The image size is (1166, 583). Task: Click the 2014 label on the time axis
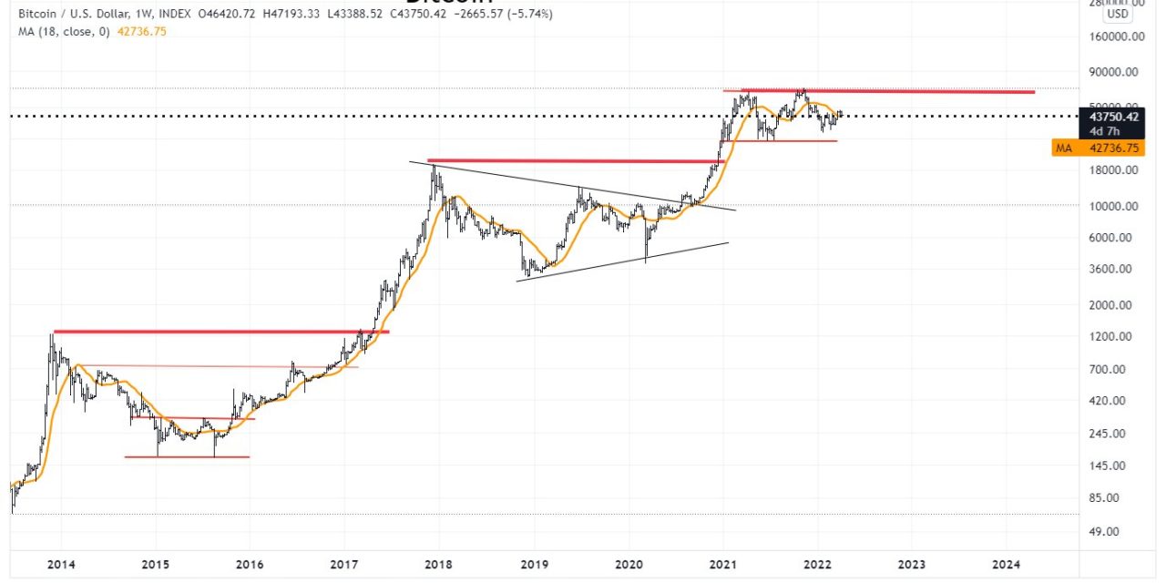61,564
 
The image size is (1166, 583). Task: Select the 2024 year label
1006,564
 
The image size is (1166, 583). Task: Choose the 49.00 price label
1118,532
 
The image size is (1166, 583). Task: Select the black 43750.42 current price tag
1112,117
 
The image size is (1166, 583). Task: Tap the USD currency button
1117,15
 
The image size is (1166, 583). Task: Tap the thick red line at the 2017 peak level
574,161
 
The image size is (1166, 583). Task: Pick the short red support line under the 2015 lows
187,456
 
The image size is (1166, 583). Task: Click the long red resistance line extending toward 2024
911,91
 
